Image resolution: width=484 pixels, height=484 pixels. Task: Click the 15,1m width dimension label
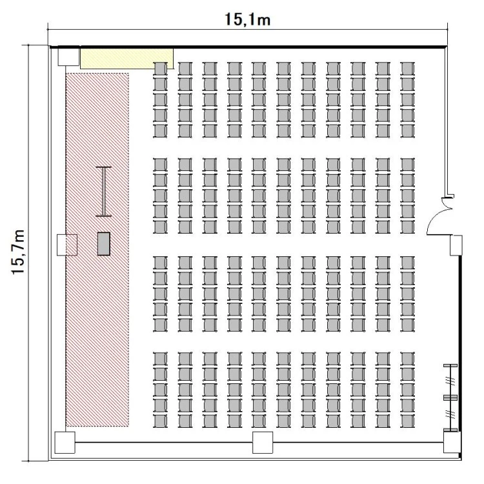(248, 19)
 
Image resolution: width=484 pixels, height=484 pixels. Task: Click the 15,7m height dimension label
(18, 252)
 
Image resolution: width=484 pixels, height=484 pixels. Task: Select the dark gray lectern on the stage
(104, 243)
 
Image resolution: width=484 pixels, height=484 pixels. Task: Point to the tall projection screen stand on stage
(103, 192)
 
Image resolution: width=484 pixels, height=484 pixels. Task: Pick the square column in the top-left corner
(68, 56)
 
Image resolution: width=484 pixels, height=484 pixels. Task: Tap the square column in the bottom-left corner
(65, 442)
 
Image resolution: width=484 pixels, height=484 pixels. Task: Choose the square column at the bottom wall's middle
(263, 442)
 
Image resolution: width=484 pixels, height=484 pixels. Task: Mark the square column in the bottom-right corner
(452, 442)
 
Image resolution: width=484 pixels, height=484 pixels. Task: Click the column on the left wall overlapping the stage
(67, 245)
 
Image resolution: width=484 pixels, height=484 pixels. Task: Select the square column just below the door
(456, 245)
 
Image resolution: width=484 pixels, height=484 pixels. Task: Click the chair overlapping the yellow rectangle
(160, 68)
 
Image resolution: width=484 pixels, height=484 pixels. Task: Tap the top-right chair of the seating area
(407, 68)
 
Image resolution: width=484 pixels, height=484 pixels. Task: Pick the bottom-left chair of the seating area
(160, 421)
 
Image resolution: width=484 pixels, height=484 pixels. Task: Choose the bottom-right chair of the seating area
(407, 421)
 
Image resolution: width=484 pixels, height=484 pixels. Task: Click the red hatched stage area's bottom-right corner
(128, 427)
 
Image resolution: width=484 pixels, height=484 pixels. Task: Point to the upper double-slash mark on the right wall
(450, 381)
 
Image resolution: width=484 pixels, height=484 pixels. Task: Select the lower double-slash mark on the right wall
(450, 413)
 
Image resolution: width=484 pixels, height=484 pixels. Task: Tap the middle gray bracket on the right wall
(450, 398)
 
